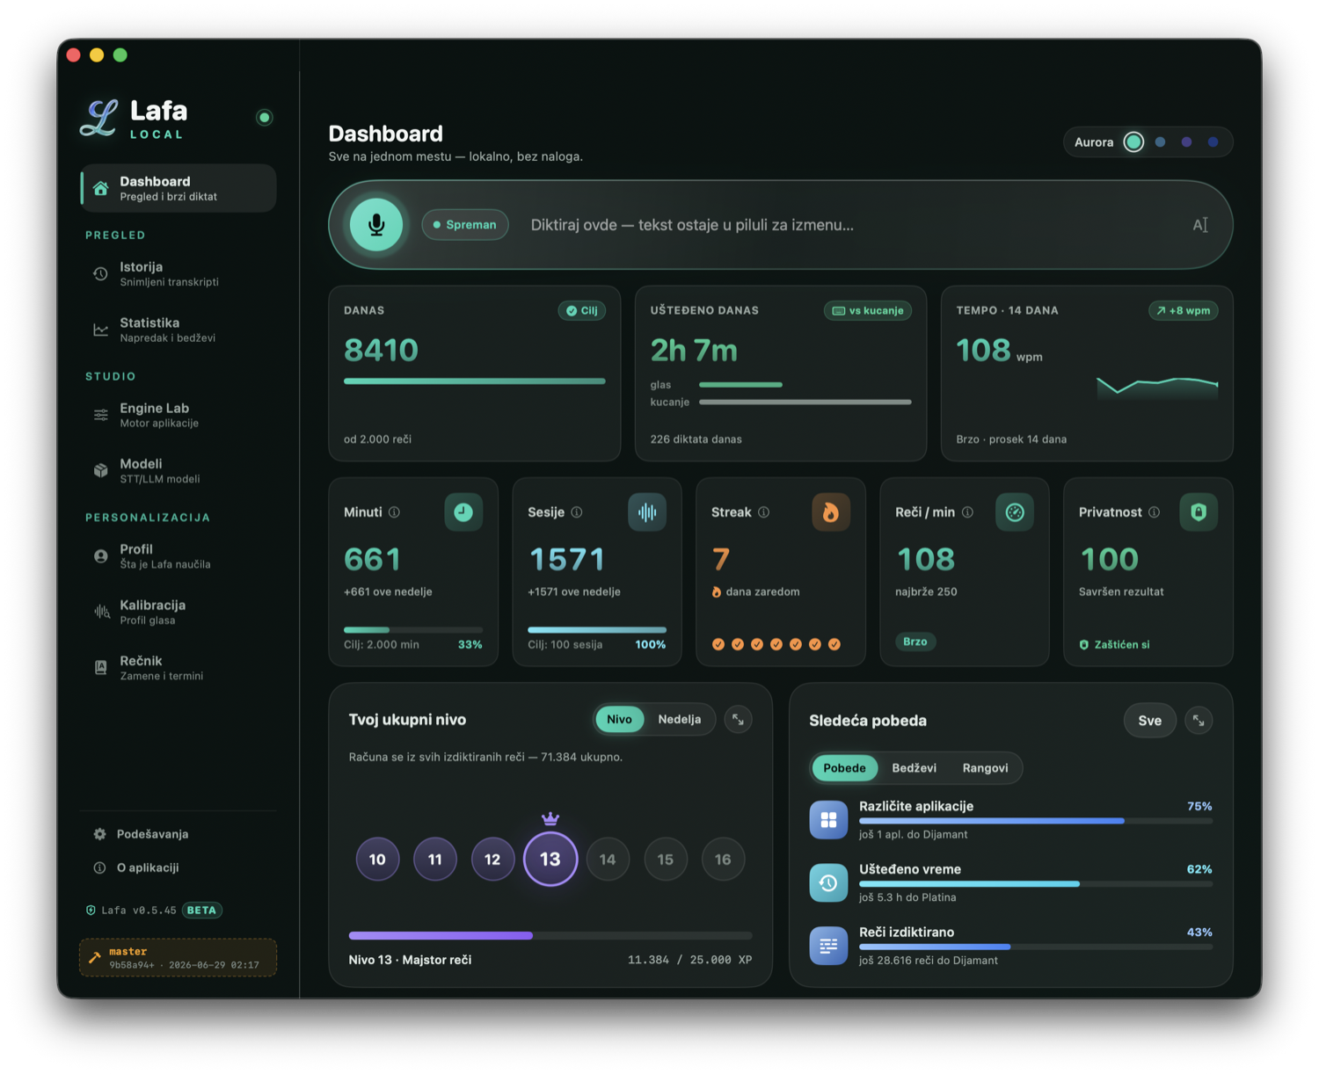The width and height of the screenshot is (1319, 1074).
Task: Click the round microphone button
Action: (x=375, y=225)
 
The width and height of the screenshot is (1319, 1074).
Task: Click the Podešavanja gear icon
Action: (x=99, y=834)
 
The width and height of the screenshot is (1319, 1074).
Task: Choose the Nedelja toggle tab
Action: (x=680, y=719)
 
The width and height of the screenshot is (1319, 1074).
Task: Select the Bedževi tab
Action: (x=914, y=767)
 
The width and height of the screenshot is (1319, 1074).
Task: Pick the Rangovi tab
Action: (x=985, y=767)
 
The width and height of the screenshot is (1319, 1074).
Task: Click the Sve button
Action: (x=1149, y=720)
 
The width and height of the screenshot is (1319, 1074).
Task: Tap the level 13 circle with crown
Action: (x=550, y=858)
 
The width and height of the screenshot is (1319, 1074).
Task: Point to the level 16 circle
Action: (x=723, y=860)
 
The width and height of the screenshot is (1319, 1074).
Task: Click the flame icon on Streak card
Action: (x=830, y=512)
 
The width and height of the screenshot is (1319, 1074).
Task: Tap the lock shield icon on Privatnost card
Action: (x=1199, y=512)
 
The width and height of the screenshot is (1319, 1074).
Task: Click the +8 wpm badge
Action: (x=1184, y=310)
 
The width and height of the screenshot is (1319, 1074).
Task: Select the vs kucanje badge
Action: (x=868, y=310)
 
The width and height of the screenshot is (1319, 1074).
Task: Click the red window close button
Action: (x=73, y=55)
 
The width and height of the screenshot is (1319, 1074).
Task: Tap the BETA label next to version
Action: (x=202, y=910)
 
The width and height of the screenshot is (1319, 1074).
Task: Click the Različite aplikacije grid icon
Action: (x=828, y=820)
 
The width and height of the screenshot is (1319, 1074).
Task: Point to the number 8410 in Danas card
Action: (x=381, y=350)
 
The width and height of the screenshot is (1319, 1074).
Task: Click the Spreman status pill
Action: (x=465, y=225)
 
